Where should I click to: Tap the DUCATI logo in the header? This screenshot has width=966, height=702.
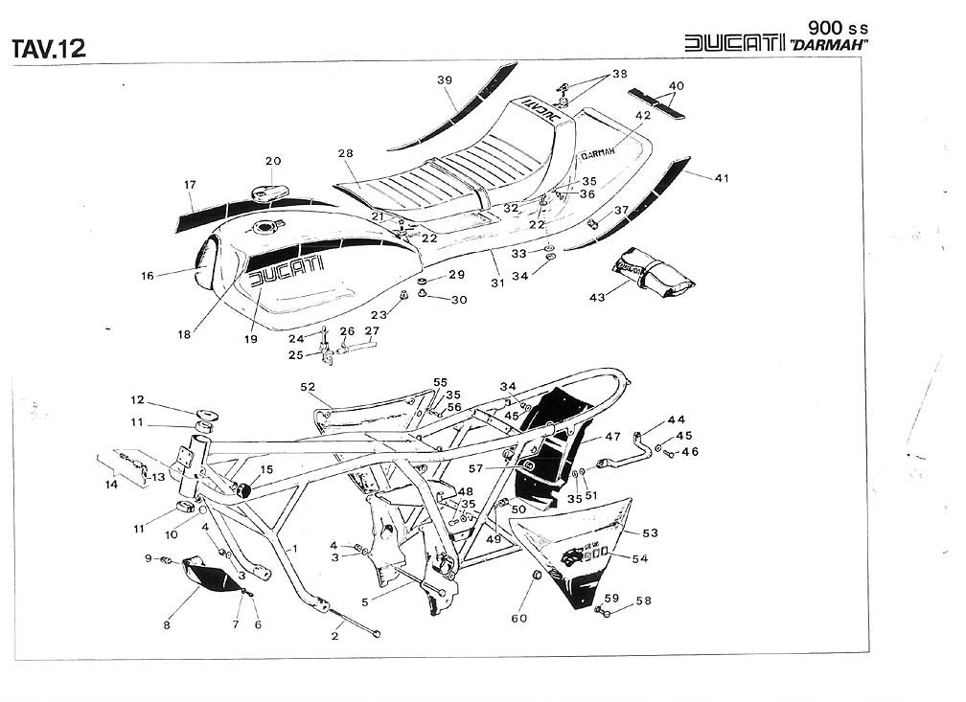[733, 44]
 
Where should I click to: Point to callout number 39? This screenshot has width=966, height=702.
[445, 80]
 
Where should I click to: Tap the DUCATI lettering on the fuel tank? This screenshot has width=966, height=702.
[287, 271]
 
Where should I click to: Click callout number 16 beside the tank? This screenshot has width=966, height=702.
[147, 276]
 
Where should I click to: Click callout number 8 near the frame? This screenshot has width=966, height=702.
[167, 625]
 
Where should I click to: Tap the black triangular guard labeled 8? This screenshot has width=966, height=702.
[212, 577]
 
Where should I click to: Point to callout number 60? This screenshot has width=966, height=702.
[518, 618]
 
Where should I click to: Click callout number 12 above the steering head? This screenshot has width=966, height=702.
[137, 399]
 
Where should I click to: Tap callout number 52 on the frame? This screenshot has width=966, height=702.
[308, 387]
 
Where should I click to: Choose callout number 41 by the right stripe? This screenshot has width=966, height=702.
[722, 177]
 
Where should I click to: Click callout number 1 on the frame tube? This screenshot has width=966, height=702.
[295, 549]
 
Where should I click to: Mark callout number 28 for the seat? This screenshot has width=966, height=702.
[346, 153]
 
